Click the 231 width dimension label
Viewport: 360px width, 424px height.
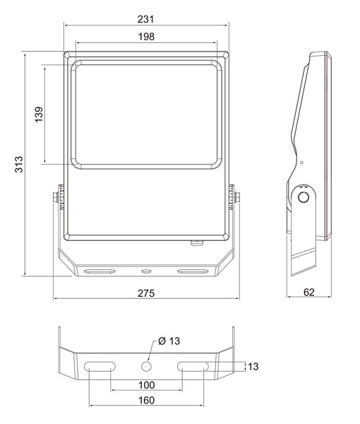pos(145,19)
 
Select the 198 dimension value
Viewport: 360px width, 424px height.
pos(146,37)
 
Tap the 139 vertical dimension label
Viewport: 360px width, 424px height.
pos(39,114)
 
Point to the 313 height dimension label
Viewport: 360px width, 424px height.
pos(19,164)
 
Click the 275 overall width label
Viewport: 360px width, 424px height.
pos(146,293)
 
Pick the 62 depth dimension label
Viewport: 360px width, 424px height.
pos(309,293)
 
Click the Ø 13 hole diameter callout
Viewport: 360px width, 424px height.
pos(169,341)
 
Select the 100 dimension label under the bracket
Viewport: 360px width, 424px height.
pos(146,385)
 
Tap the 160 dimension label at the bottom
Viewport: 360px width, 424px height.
pos(146,400)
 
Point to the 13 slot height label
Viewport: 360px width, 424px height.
pos(253,366)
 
